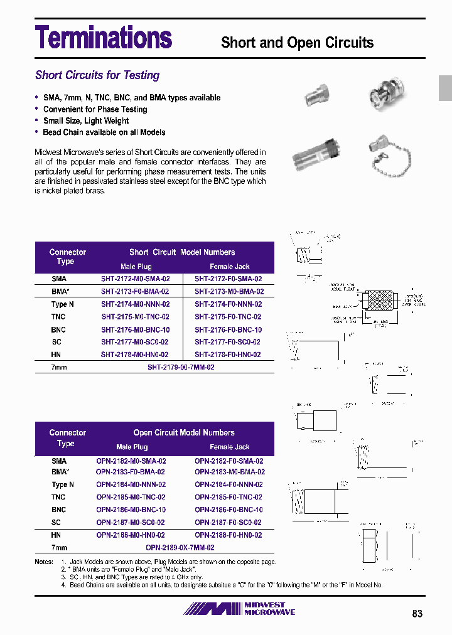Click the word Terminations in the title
pos(104,37)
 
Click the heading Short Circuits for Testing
pos(97,75)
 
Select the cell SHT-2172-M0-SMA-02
pos(135,279)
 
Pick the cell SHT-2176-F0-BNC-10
pos(228,329)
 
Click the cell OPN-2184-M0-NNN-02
pos(131,484)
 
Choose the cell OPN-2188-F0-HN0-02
pos(229,535)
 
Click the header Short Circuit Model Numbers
pos(182,252)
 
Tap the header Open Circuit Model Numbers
pos(184,433)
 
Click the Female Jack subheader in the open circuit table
pos(230,447)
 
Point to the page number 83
pos(417,614)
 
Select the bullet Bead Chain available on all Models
pos(104,132)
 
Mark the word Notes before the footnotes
pos(44,562)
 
